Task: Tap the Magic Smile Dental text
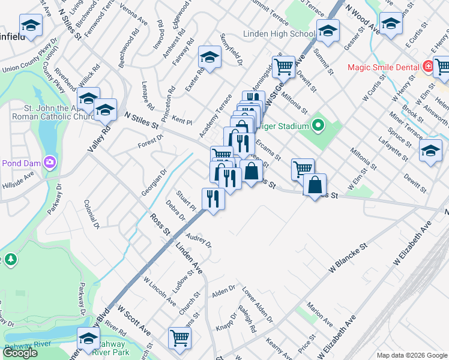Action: (x=382, y=67)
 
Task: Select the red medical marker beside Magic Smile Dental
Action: (x=428, y=66)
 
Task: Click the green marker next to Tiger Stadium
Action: (x=318, y=127)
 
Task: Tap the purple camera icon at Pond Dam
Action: (x=49, y=162)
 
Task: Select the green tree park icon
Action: (x=10, y=259)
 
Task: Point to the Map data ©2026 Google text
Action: (x=411, y=355)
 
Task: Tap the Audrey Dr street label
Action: (x=199, y=241)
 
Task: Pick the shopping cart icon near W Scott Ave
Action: (x=179, y=338)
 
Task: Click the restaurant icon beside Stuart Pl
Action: (x=213, y=198)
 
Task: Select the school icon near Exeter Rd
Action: (x=209, y=57)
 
